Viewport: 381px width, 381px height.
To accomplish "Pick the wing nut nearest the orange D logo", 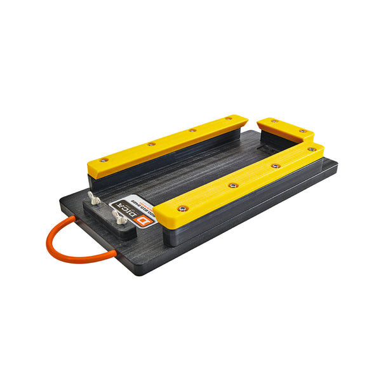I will pos(118,218).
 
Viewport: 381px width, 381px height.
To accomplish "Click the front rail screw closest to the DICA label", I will pos(182,208).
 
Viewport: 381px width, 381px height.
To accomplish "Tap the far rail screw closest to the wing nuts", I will pos(104,159).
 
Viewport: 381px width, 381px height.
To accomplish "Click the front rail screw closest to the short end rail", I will pos(311,149).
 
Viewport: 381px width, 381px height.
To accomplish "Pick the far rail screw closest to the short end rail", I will pos(228,118).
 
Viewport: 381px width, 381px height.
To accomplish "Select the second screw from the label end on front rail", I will pos(232,185).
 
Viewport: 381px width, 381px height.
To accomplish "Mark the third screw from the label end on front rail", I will pos(274,166).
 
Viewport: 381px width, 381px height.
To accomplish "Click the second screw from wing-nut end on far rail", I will pos(150,144).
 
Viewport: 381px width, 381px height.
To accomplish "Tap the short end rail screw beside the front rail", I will pos(303,132).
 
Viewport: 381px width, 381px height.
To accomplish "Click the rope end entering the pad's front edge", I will pos(114,253).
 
